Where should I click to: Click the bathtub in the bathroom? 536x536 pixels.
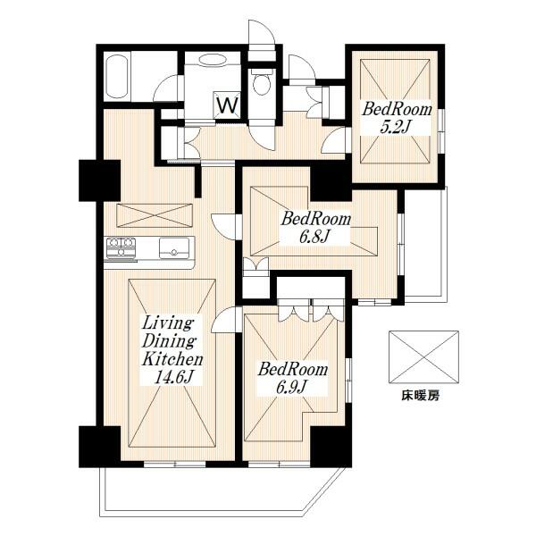point(117,77)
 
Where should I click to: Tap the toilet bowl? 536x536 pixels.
point(262,82)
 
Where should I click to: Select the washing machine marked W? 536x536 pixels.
point(227,105)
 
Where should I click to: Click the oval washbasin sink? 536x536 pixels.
point(212,60)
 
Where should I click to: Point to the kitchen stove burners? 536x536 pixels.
point(121,247)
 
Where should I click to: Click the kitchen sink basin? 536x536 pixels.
point(174,247)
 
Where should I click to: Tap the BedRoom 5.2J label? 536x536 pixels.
point(397,118)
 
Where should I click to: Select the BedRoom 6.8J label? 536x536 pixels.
point(315,227)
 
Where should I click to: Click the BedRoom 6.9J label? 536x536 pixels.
point(293,379)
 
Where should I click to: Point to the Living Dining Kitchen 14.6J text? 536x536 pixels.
point(172,351)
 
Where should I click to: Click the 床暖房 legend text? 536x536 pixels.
point(420,396)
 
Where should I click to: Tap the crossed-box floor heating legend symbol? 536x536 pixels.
point(423,356)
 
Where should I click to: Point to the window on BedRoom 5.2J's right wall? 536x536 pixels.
point(441,131)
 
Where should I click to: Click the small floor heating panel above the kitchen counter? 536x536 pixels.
point(155,215)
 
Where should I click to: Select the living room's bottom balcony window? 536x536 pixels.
point(174,465)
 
